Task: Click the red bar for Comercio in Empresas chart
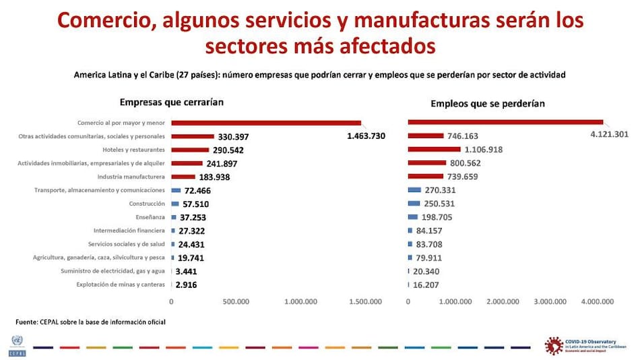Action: tap(266, 123)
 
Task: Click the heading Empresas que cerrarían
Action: tap(171, 102)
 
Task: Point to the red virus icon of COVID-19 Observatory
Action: tap(554, 344)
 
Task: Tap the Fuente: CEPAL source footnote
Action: tap(90, 322)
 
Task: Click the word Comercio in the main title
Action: tap(102, 21)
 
